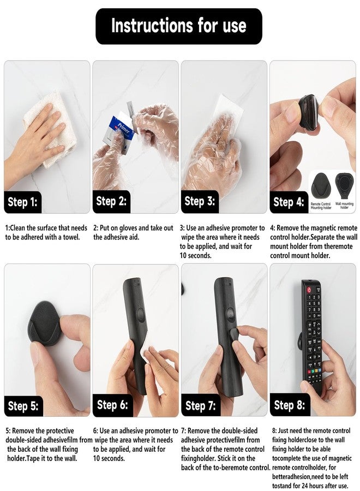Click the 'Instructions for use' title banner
coord(179,26)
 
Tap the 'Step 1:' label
coord(22,202)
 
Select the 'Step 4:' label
coord(289,202)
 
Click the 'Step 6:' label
coord(112,405)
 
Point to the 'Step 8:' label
coord(290,405)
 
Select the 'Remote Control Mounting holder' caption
coord(321,206)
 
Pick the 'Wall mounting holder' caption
coord(344,206)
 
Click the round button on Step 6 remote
coord(140,315)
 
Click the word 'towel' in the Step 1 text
coord(71,237)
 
